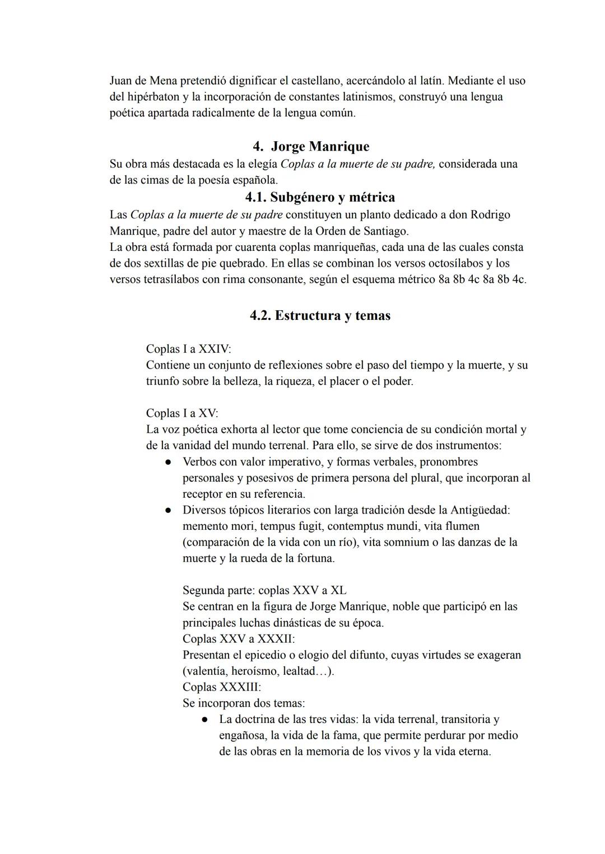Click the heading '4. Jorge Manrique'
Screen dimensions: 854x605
tap(311, 147)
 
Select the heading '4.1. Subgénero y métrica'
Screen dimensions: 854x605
tap(320, 197)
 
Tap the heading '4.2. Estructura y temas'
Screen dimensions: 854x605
tap(320, 315)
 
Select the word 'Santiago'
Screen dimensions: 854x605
tap(385, 231)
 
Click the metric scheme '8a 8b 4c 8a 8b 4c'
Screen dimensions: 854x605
tap(482, 279)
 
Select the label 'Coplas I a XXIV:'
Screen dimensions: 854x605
tap(188, 349)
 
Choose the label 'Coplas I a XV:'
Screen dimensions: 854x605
tap(182, 413)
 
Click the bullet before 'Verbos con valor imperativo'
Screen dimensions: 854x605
tap(167, 463)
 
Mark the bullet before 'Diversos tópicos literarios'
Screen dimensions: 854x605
tap(167, 511)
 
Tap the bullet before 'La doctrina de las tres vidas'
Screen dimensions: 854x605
tap(205, 720)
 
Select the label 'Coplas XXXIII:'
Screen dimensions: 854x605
tap(222, 687)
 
